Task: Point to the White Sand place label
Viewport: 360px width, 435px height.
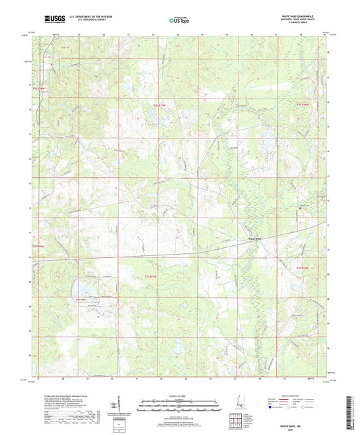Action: coord(255,238)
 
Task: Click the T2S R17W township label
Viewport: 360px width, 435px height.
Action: coord(159,105)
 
